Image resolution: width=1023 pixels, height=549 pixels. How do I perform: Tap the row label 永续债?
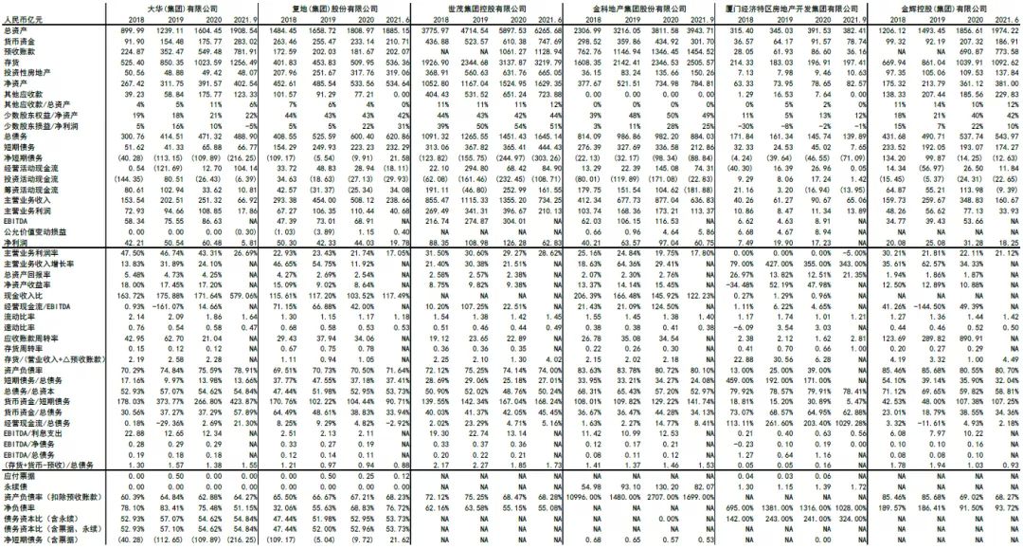tap(19, 485)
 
